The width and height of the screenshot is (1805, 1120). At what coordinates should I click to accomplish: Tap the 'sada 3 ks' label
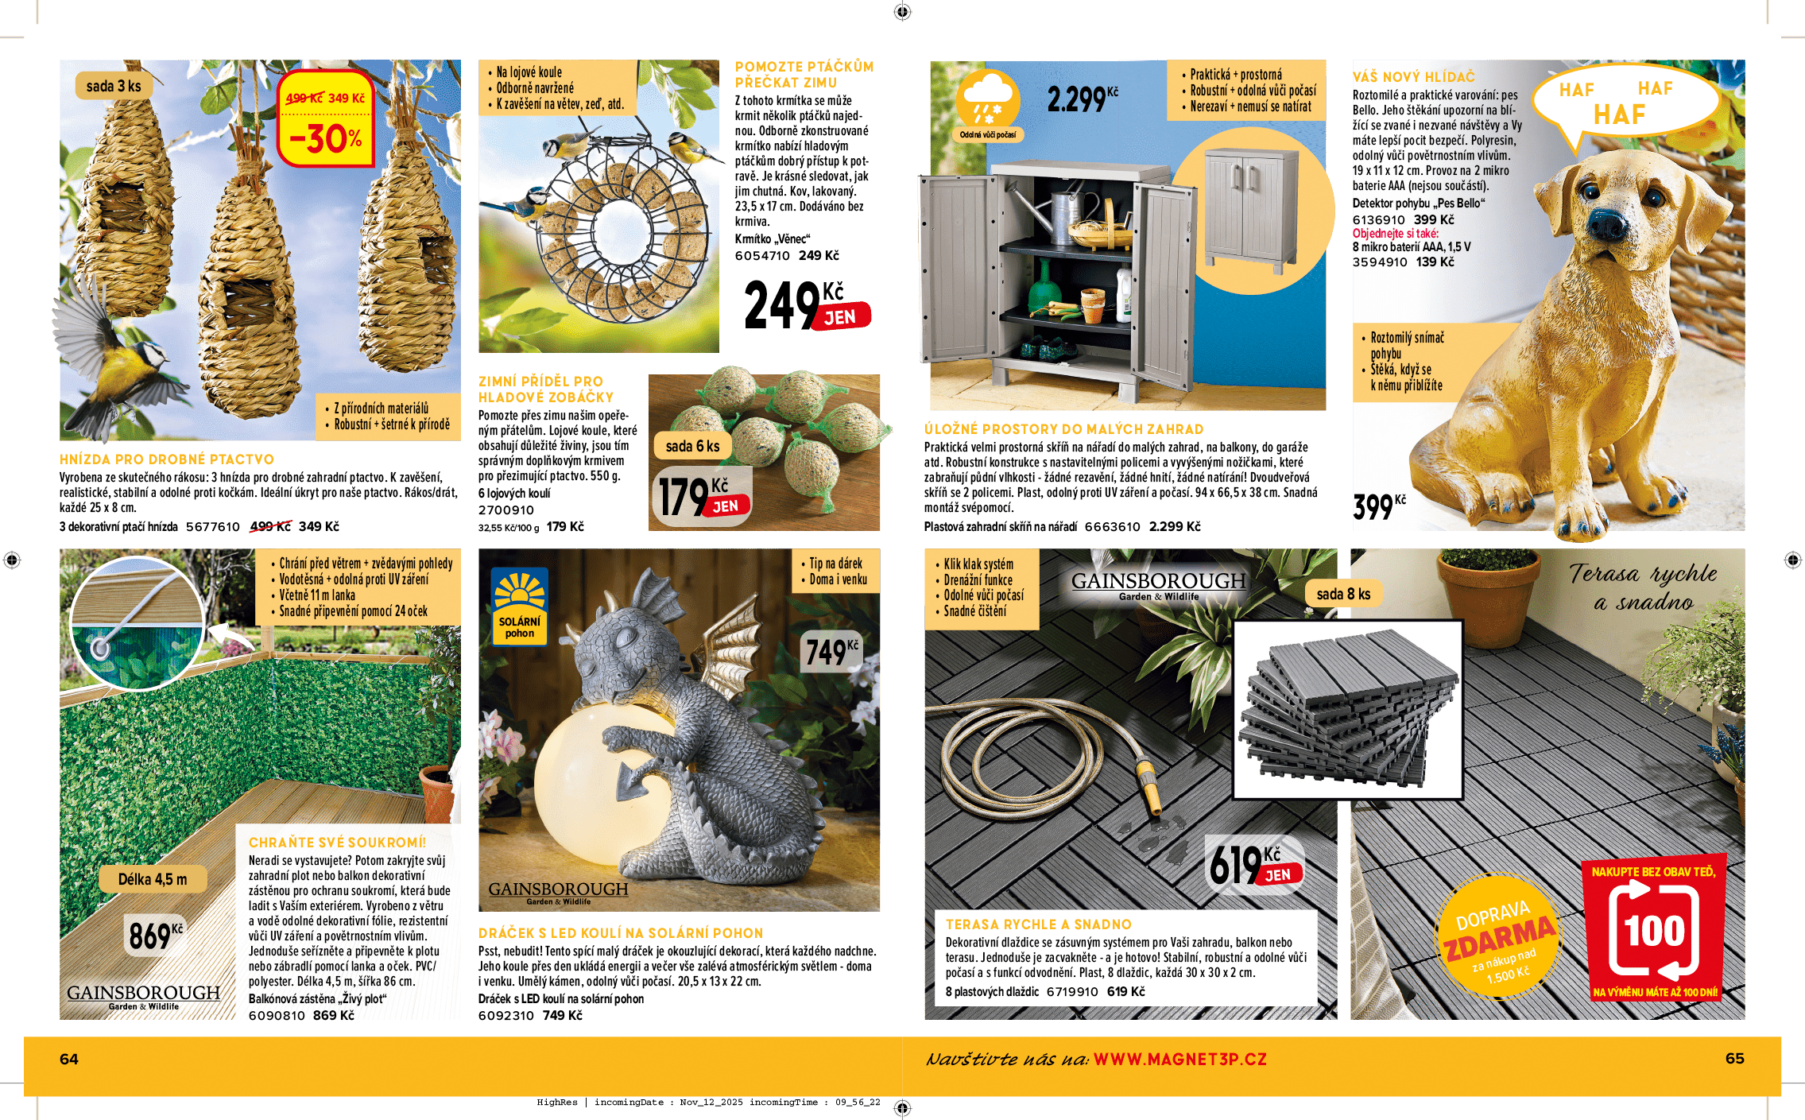point(113,86)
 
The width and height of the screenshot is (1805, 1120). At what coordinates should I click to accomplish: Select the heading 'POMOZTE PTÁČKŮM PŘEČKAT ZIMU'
point(804,75)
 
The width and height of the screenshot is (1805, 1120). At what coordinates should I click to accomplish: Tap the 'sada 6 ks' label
point(692,446)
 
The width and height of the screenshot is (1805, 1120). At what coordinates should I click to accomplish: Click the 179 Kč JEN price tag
point(699,497)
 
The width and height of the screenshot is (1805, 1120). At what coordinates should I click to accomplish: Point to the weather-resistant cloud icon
point(987,104)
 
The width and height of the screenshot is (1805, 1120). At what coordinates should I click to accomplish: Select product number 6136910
point(1378,220)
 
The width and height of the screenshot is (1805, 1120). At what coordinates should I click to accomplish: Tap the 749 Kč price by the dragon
point(831,652)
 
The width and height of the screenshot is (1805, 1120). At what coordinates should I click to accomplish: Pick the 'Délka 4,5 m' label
point(153,879)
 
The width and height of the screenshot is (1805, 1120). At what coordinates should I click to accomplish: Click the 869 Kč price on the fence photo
point(156,936)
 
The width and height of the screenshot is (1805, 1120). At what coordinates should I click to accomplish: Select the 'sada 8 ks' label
point(1343,594)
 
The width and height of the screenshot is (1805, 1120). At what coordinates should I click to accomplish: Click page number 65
point(1734,1058)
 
